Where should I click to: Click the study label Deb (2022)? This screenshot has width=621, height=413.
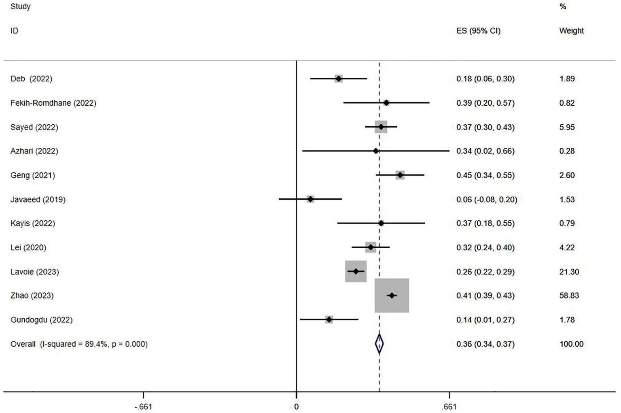tap(31, 79)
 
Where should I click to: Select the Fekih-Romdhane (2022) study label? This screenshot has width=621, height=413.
tap(53, 103)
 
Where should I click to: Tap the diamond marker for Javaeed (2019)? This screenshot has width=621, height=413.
tap(310, 199)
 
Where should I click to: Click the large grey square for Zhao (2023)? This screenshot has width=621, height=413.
tap(392, 296)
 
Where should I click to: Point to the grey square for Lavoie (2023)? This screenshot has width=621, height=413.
tap(356, 271)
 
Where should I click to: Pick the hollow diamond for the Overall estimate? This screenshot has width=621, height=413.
tap(379, 344)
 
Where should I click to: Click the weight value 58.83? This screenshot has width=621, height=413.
tap(569, 296)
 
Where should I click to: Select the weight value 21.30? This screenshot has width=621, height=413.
tap(569, 272)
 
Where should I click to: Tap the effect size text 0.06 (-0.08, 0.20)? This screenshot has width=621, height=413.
tap(487, 199)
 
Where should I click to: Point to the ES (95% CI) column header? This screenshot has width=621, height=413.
tap(478, 31)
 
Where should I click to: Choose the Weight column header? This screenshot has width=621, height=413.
tap(571, 31)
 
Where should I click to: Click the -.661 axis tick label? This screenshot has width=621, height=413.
tap(143, 407)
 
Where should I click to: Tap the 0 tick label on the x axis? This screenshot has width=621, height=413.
tap(297, 407)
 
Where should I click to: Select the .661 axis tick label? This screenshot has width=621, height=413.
tap(449, 407)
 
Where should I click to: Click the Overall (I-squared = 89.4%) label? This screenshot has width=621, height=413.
tap(79, 344)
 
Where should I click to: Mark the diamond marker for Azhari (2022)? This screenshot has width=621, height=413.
tap(376, 151)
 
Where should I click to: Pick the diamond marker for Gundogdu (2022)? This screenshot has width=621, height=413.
tap(329, 320)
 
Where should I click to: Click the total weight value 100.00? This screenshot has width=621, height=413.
tap(571, 344)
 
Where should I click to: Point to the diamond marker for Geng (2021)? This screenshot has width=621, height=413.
tap(400, 175)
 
